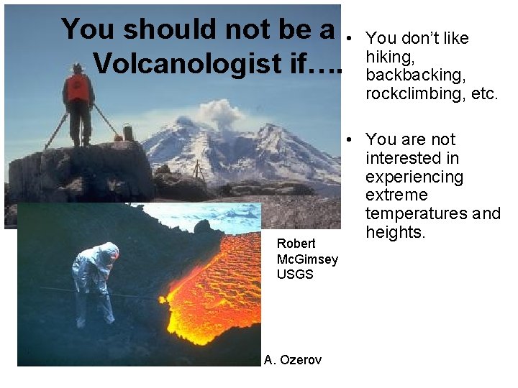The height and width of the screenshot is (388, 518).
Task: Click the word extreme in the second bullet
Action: click(396, 195)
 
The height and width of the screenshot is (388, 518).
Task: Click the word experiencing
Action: click(414, 176)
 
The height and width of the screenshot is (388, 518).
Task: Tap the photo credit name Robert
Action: click(296, 244)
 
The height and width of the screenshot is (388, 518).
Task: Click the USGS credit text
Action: click(295, 274)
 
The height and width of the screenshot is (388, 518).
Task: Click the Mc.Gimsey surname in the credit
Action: click(307, 259)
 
